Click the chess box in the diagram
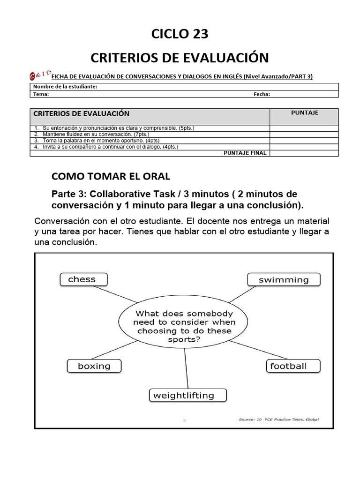click(x=83, y=279)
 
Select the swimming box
click(x=284, y=280)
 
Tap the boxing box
click(x=94, y=366)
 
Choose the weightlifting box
click(x=188, y=395)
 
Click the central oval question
click(x=184, y=326)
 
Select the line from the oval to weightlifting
click(x=186, y=368)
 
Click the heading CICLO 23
click(x=180, y=34)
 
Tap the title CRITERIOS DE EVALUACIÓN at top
click(x=180, y=58)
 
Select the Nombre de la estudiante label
click(x=65, y=87)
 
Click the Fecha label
click(x=262, y=94)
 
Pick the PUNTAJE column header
click(x=304, y=113)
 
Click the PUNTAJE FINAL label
click(x=245, y=153)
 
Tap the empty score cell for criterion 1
click(x=304, y=128)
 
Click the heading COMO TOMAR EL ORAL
click(x=111, y=176)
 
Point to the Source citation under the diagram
click(x=278, y=420)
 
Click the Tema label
click(x=41, y=94)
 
